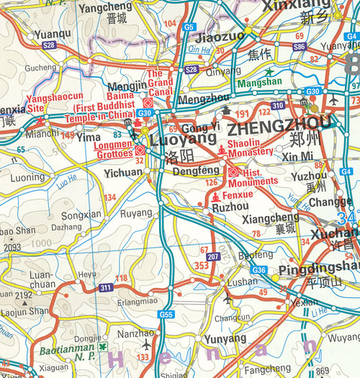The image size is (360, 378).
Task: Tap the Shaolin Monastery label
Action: point(250,148)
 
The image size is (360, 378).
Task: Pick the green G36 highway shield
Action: point(260,270)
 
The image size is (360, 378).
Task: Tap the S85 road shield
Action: point(300,45)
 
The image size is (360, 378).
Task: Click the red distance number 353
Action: point(203,266)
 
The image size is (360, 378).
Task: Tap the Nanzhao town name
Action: point(135,334)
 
